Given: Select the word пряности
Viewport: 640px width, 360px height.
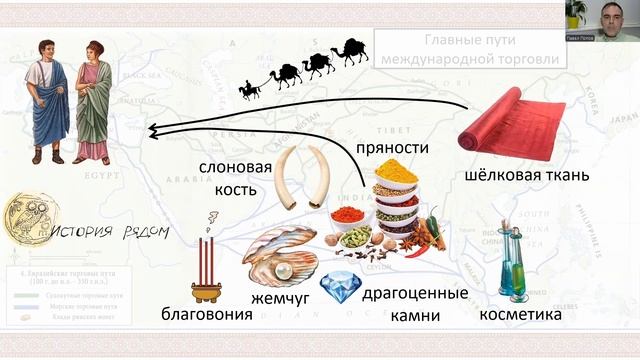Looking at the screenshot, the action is point(392,148).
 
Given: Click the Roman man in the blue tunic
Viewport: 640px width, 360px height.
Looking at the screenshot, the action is point(49,100).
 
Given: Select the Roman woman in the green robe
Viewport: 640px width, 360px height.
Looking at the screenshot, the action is point(93,102).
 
